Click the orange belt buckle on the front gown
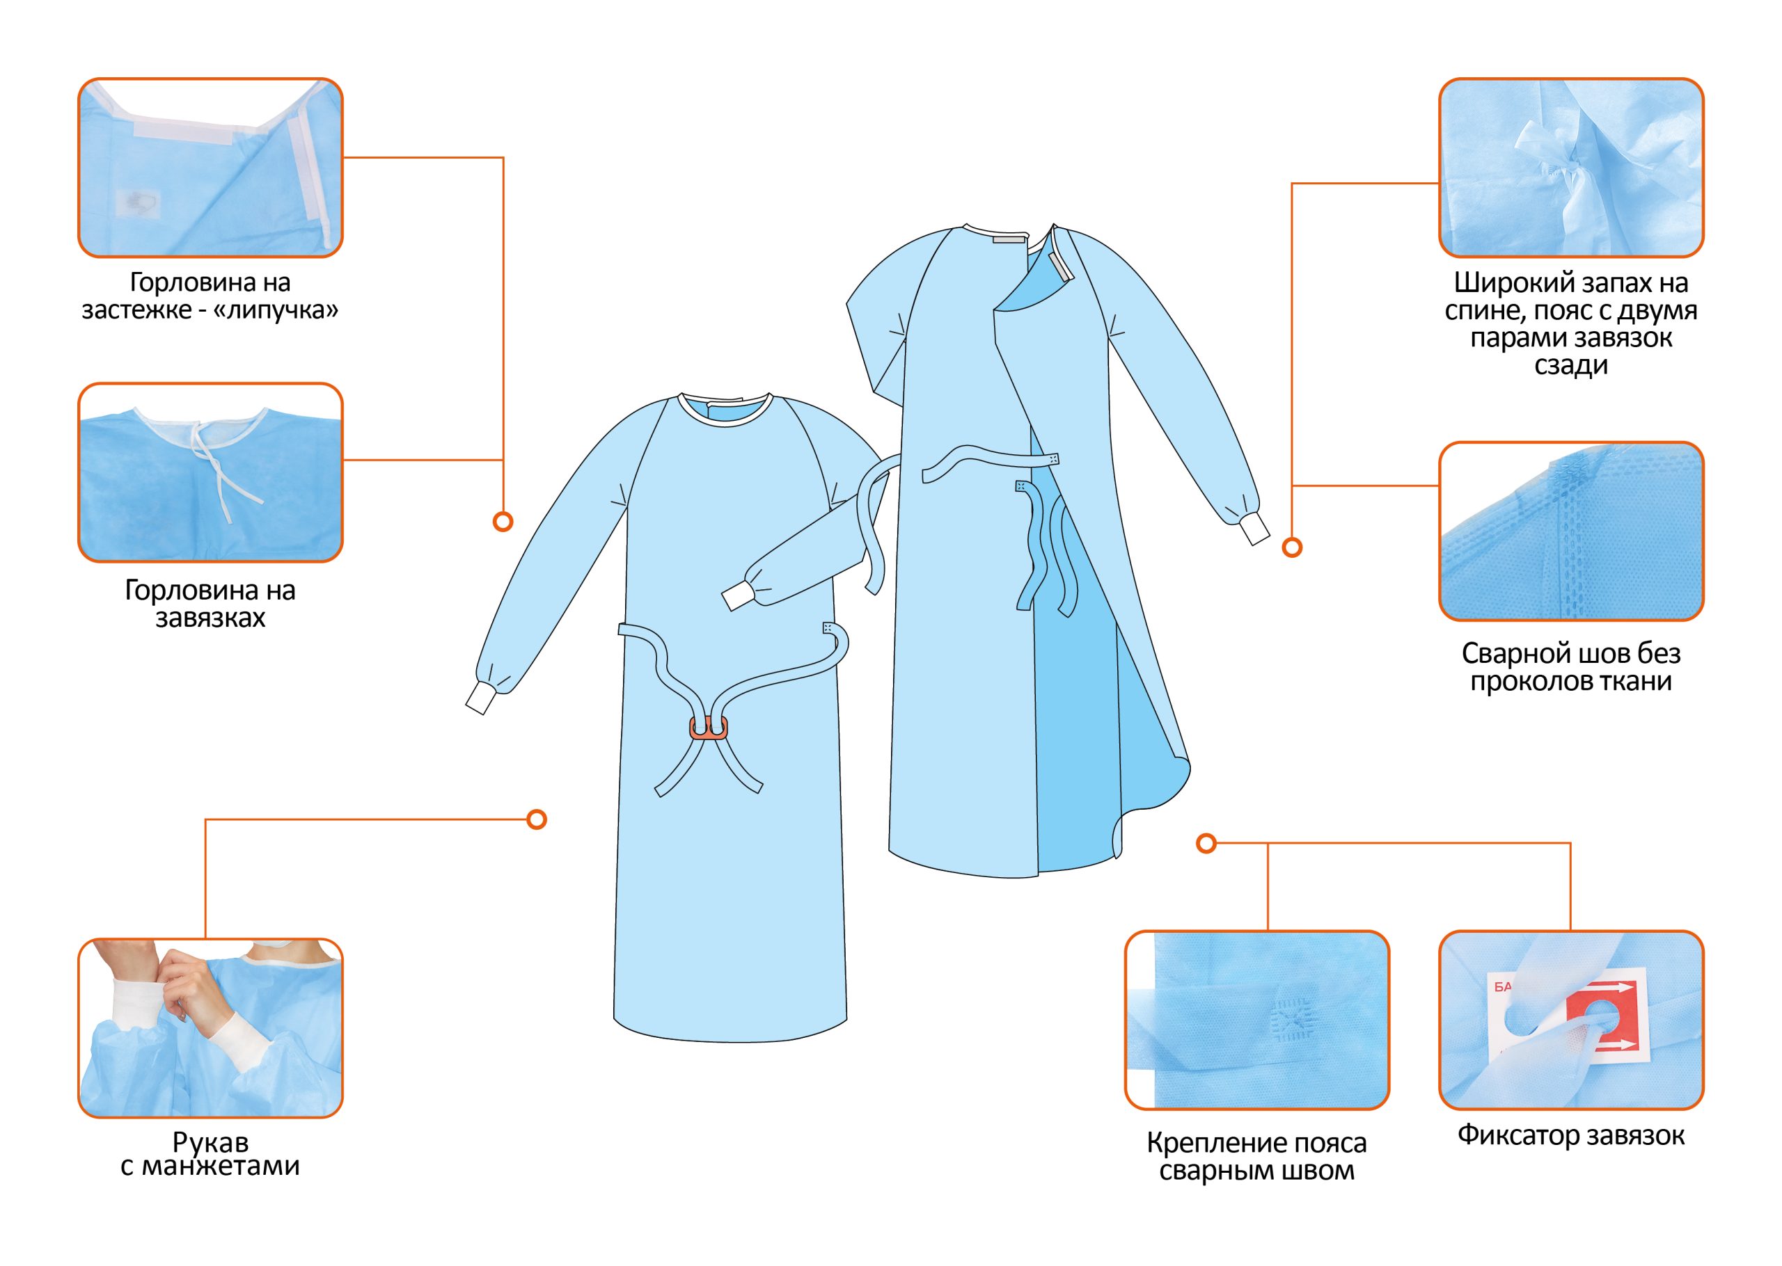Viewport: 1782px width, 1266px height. [x=708, y=729]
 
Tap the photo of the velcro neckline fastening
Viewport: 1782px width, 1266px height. [x=210, y=167]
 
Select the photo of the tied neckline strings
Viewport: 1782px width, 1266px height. [x=210, y=472]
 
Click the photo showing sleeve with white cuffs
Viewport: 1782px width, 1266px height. [x=210, y=1027]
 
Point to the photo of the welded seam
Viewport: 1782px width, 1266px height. [x=1570, y=531]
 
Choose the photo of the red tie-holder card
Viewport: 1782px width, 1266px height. [x=1570, y=1020]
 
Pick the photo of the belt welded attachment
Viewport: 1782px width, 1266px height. [x=1256, y=1020]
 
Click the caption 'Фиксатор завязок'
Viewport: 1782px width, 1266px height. [x=1570, y=1135]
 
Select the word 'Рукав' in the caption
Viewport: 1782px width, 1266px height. [x=210, y=1142]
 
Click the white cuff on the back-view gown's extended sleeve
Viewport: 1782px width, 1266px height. [x=1255, y=532]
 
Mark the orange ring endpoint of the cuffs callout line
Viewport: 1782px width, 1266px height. [x=537, y=819]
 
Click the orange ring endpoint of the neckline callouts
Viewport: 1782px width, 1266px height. [x=503, y=522]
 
